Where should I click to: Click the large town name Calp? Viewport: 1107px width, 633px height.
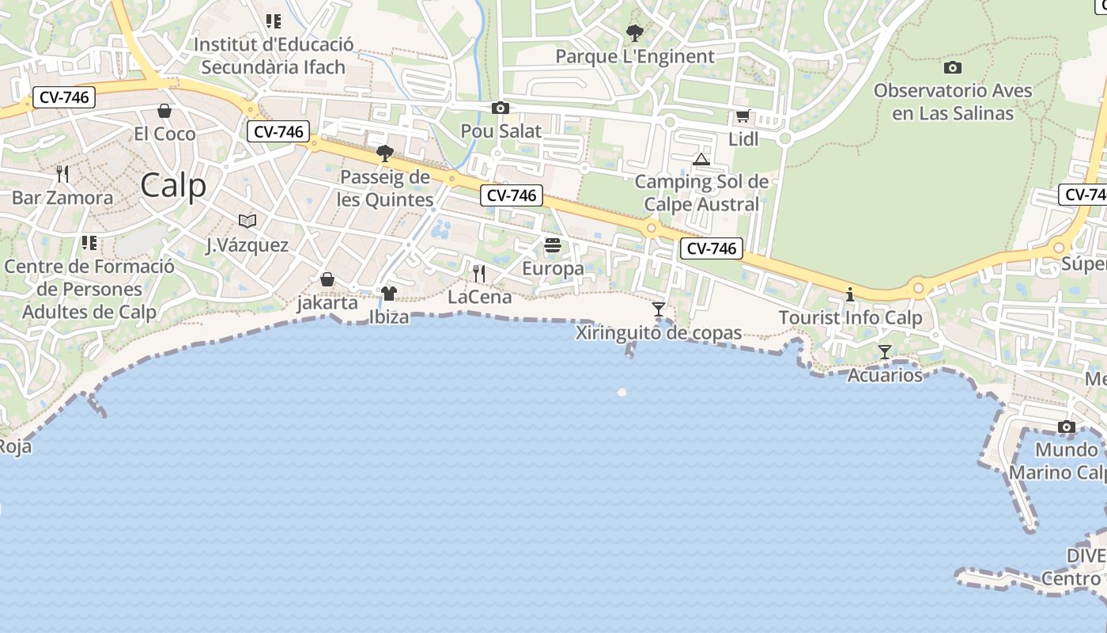click(173, 186)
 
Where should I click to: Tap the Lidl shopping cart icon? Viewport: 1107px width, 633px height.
click(742, 116)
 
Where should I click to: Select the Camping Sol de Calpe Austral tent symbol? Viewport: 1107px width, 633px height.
click(701, 159)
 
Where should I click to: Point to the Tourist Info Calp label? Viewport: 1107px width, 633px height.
click(850, 318)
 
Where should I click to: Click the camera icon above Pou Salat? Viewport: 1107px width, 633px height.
click(500, 108)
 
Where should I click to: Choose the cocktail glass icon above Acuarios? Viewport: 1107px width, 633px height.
click(885, 351)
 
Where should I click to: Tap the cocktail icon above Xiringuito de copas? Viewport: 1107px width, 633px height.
click(659, 309)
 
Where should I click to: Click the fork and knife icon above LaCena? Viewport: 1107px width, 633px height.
click(479, 274)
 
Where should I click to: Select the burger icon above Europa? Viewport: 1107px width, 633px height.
click(553, 245)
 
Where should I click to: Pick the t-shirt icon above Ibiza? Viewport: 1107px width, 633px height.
click(388, 294)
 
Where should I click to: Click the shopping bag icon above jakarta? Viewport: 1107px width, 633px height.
click(327, 279)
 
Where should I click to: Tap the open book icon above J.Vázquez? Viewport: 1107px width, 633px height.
click(247, 222)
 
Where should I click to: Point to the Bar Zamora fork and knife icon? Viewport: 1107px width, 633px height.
click(62, 174)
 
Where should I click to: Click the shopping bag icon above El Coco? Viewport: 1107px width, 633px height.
click(164, 110)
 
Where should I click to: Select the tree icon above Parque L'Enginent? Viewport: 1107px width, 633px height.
click(634, 33)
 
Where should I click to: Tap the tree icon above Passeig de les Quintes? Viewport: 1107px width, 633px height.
click(385, 154)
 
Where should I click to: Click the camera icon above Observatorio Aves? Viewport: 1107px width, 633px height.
click(953, 67)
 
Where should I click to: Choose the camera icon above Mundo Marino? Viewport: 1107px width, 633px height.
click(1067, 427)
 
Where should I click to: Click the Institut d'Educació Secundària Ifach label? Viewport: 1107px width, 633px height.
click(274, 55)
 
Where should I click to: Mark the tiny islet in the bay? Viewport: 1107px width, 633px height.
click(622, 392)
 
